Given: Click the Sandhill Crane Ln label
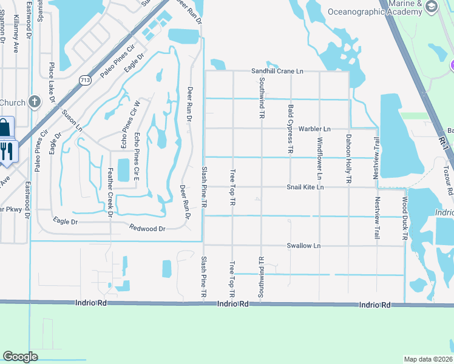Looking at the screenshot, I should [277, 71].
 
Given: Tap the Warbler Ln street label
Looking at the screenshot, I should [314, 129].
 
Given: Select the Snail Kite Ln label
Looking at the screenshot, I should [305, 187].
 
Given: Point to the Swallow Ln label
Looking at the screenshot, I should [303, 246].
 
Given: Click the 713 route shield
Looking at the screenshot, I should [86, 79].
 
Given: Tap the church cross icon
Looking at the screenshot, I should [35, 102].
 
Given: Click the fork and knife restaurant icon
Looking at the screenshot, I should [7, 150].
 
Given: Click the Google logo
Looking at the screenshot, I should [20, 357].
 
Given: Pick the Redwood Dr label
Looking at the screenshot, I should [147, 228].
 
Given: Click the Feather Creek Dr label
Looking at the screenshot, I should [110, 192].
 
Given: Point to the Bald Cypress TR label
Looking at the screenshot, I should [291, 128].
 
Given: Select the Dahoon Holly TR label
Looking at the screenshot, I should [349, 159].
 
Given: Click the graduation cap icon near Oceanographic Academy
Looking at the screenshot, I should [432, 7].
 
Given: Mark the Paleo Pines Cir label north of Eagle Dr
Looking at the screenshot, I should [117, 61].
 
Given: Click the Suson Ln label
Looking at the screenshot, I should [72, 120].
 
